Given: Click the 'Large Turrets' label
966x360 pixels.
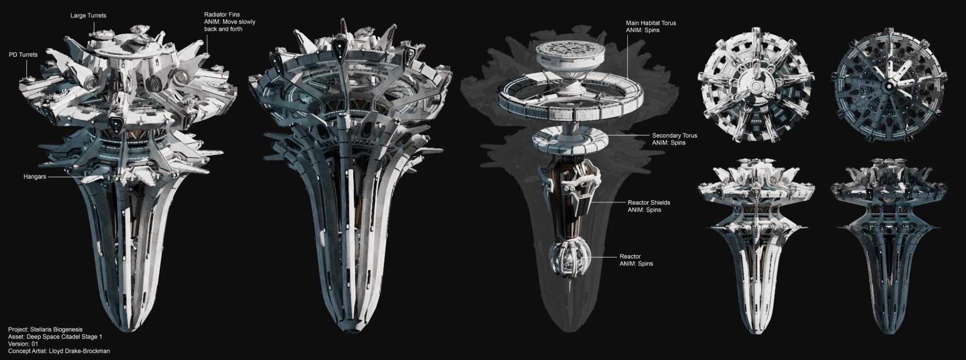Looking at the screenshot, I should tap(88, 15).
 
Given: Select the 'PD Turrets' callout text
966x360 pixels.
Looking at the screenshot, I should tap(23, 55).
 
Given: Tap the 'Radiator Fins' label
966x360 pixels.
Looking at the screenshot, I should tap(222, 15).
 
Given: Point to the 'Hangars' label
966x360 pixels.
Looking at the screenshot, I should tap(35, 177).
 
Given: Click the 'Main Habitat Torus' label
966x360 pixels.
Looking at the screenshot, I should tap(650, 23).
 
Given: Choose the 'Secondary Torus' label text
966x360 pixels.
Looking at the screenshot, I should tap(674, 136).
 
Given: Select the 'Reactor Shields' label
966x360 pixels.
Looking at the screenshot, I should tap(649, 202).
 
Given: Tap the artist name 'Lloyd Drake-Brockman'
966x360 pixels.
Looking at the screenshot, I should tap(79, 351).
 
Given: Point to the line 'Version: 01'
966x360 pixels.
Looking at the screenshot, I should tap(23, 344).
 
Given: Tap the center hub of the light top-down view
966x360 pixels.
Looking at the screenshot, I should tap(756, 85).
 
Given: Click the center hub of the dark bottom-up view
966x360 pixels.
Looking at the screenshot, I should tap(889, 86).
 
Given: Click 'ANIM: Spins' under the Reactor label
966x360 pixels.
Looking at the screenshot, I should tap(636, 264).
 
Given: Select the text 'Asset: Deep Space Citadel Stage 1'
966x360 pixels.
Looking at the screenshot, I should tap(55, 337).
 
